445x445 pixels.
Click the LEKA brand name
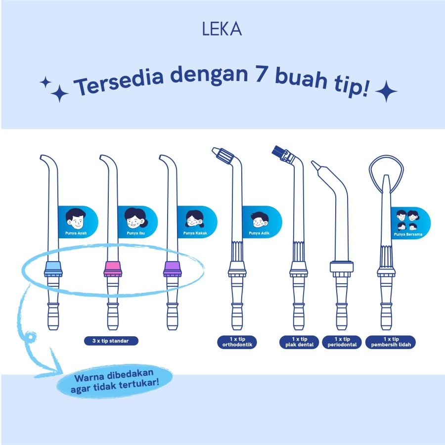pyautogui.click(x=222, y=30)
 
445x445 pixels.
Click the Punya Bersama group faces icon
pyautogui.click(x=408, y=220)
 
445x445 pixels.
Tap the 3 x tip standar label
pyautogui.click(x=111, y=341)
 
